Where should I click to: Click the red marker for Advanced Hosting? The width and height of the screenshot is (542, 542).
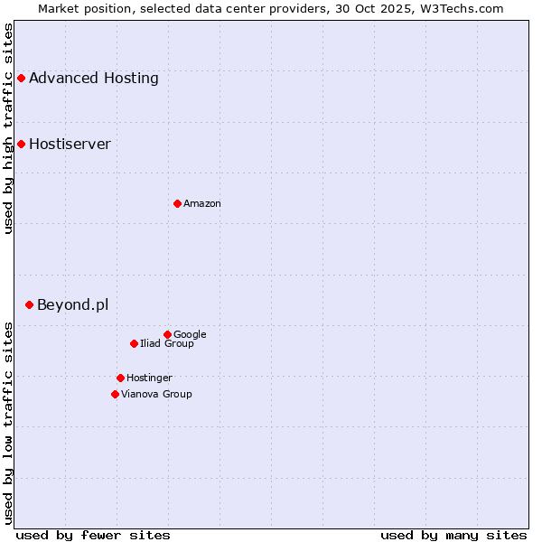(21, 79)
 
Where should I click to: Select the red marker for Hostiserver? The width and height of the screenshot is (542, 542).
(21, 145)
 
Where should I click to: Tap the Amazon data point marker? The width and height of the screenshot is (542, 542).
(177, 203)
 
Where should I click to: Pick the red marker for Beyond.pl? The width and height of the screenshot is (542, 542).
(29, 305)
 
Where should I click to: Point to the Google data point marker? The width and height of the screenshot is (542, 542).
(167, 334)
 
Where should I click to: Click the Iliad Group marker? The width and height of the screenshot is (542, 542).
(134, 343)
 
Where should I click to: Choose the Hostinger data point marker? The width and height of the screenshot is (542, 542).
(120, 378)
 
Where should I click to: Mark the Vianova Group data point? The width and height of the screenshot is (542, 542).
(115, 394)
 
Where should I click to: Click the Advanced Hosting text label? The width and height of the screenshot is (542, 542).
(94, 79)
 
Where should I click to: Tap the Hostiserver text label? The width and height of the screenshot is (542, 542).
(70, 145)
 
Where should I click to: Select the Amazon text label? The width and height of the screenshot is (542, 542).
(202, 204)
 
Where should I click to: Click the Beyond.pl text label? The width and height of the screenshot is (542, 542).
(72, 305)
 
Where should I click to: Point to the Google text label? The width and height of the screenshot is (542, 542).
(190, 335)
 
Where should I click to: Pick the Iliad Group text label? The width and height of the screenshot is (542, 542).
(167, 344)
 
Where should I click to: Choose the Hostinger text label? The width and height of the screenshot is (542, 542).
(149, 378)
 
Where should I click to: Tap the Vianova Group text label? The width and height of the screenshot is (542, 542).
(156, 395)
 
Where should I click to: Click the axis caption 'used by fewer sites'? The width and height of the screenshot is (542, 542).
(93, 535)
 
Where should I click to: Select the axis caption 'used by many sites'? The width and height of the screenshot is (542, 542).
(453, 535)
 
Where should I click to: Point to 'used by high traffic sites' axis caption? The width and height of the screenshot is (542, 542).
(8, 128)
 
